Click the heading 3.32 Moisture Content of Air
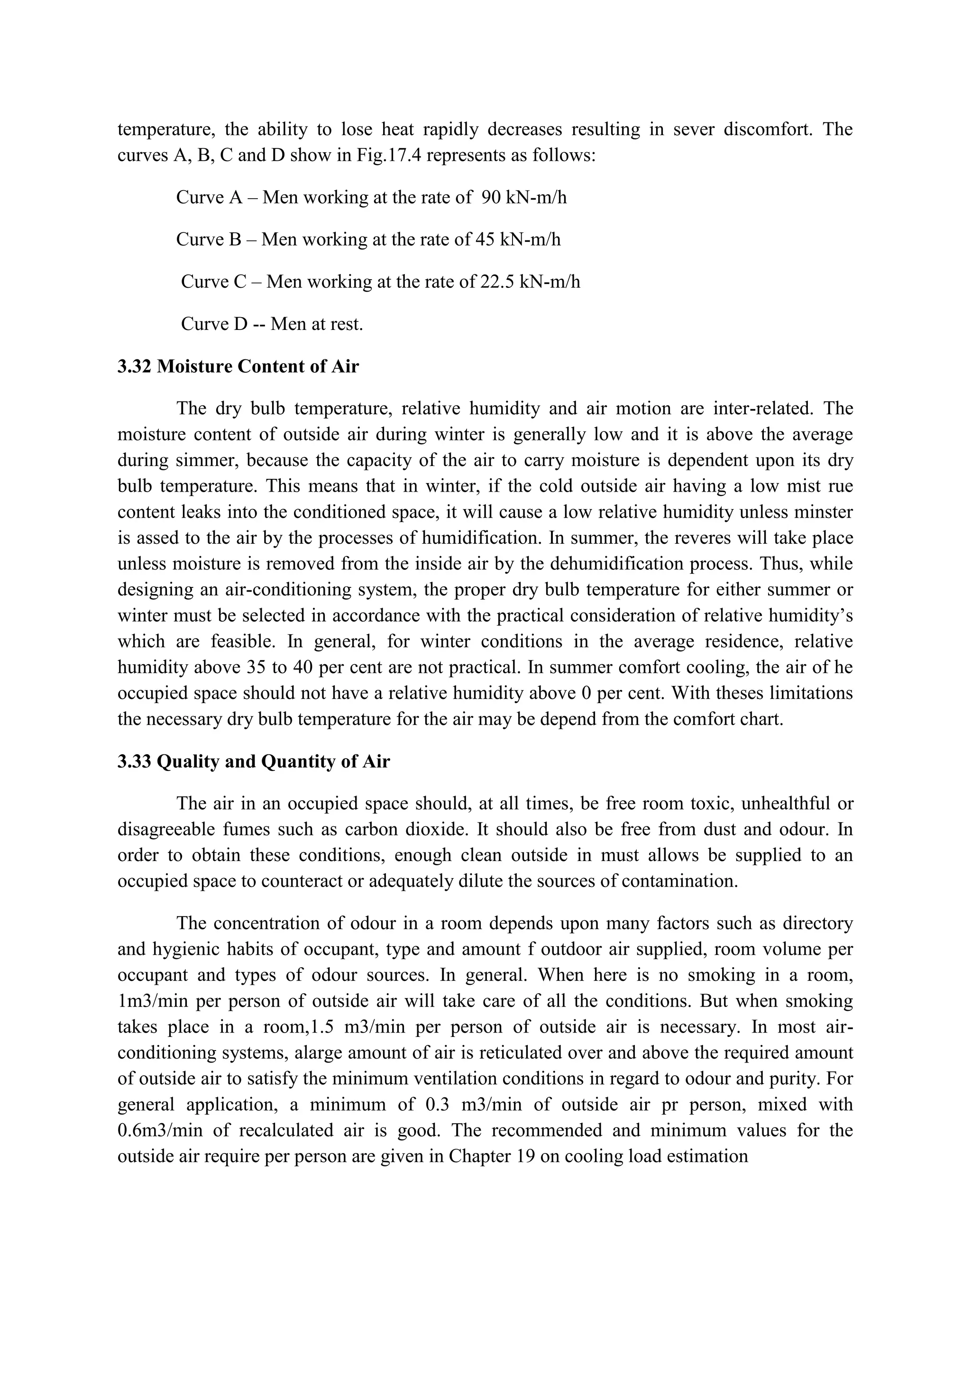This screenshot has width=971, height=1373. [238, 366]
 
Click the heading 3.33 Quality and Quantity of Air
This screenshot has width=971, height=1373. [254, 761]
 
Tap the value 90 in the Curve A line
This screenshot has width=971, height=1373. [490, 197]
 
